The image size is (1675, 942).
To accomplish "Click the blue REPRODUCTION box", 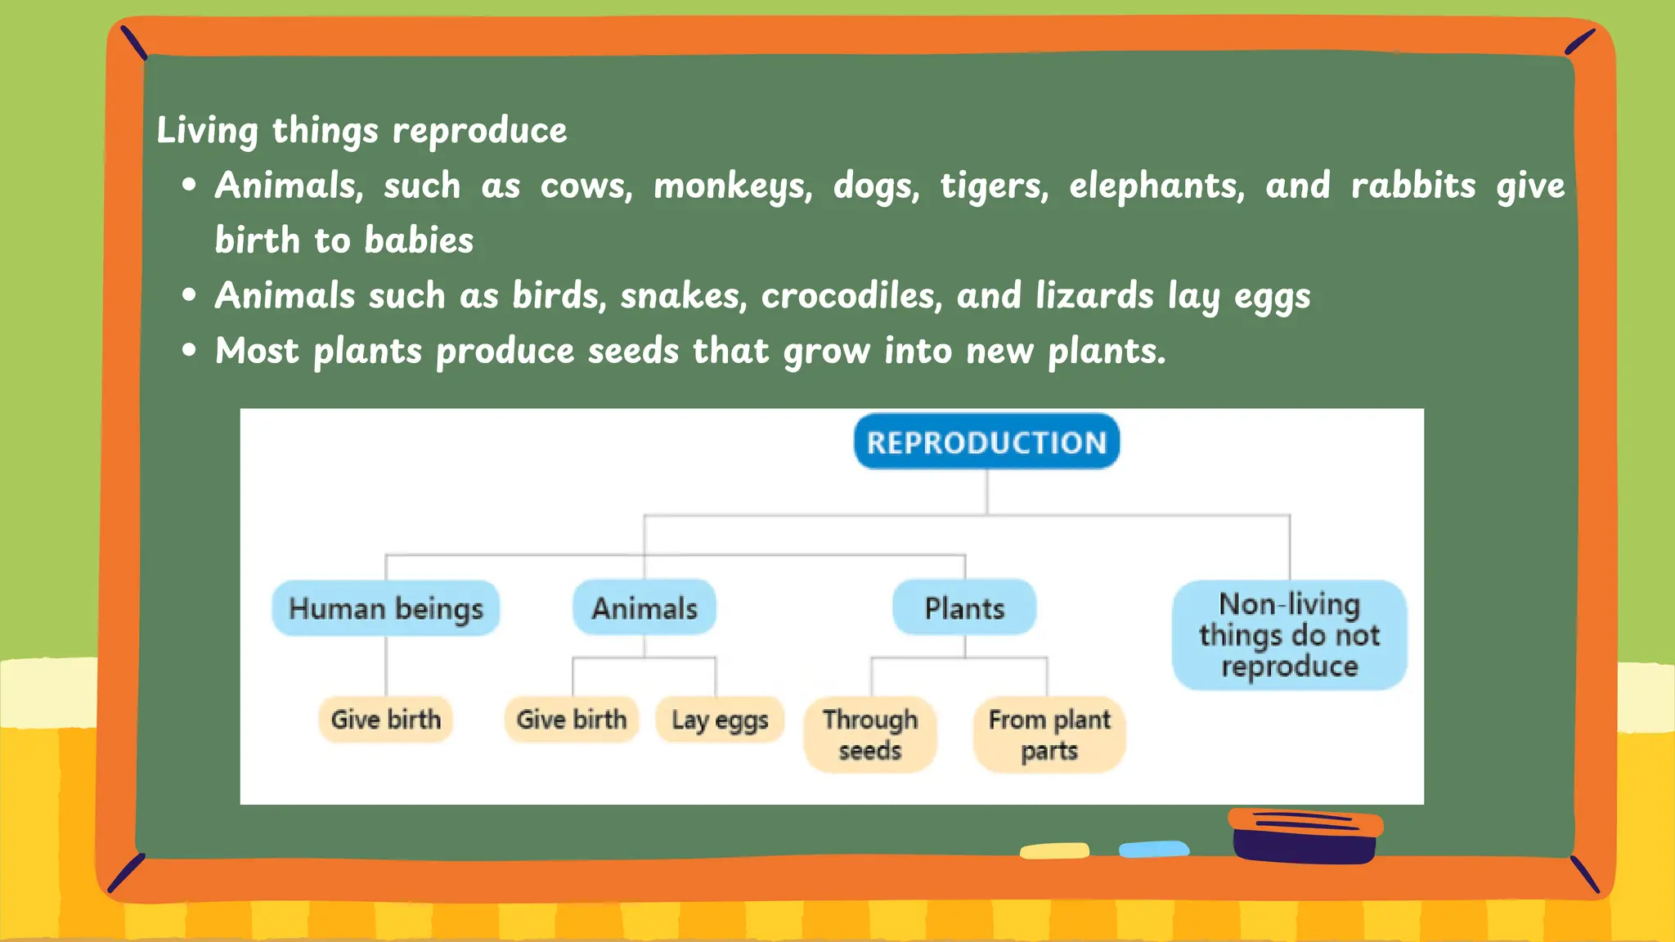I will [986, 442].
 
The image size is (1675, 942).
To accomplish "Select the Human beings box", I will [386, 608].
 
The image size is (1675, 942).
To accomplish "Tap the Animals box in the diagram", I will [644, 608].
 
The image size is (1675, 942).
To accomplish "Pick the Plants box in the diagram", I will [964, 608].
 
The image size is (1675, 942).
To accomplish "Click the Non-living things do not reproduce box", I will [1289, 635].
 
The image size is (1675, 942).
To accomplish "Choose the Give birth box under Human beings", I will [385, 720].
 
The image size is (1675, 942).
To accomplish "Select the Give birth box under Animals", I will [571, 720].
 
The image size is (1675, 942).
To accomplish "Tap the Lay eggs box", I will [720, 720].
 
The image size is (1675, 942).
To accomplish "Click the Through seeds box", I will [870, 734].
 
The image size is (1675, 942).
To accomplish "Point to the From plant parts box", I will [1049, 734].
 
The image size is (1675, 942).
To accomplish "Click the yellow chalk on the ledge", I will [1054, 851].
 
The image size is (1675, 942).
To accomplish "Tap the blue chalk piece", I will [1154, 850].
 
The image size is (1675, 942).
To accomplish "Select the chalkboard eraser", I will [1305, 836].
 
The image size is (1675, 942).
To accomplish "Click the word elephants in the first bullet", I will [1156, 186].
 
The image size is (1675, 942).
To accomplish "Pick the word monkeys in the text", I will [733, 186].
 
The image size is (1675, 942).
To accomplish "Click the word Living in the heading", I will [208, 131].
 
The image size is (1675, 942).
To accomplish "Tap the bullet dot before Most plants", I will [190, 351].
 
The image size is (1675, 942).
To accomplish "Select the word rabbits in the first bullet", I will [1413, 186].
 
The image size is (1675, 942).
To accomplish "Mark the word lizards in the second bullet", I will [1094, 296].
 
